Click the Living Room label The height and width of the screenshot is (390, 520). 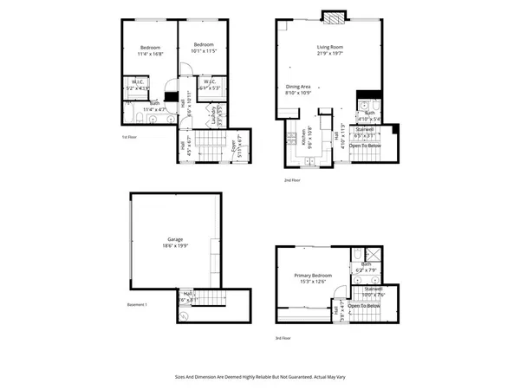coord(330,47)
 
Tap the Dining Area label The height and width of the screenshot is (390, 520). coord(299,86)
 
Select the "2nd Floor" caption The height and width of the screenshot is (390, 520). coord(291,180)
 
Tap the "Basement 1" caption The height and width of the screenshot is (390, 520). coord(138,304)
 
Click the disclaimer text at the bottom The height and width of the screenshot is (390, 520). coord(260,379)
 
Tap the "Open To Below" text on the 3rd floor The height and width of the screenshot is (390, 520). coord(366,306)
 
